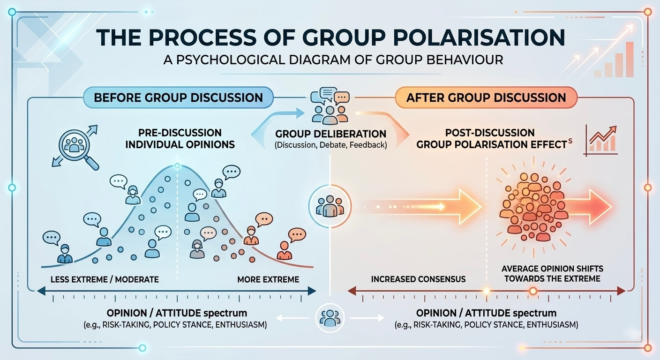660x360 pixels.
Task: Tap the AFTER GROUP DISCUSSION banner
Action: click(486, 97)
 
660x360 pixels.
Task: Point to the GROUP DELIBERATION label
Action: click(330, 134)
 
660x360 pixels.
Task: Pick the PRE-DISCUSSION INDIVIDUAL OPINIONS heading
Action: click(180, 139)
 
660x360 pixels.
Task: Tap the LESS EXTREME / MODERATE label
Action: click(104, 279)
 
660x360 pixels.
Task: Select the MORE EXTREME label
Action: click(268, 279)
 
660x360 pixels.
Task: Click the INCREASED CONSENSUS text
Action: click(418, 279)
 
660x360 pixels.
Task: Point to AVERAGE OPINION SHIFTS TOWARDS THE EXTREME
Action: click(552, 274)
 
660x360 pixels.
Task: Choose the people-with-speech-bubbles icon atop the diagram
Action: click(330, 106)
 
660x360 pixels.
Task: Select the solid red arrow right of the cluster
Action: click(590, 206)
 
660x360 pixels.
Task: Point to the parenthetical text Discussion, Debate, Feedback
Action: click(330, 145)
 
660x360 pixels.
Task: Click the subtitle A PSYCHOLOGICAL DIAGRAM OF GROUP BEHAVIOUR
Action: click(330, 60)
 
